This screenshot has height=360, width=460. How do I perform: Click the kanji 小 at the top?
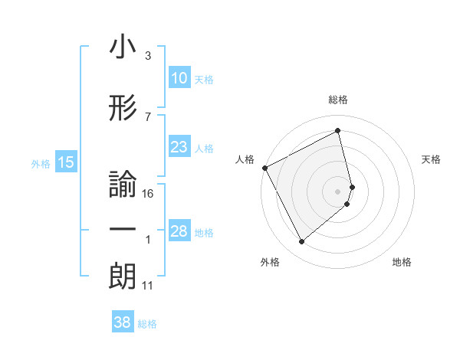(123, 47)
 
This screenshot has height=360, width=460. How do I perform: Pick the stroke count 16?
(149, 194)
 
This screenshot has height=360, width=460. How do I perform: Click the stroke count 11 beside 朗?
(148, 286)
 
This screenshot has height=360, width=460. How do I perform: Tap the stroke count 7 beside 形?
(147, 116)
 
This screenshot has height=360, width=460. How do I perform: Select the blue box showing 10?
(179, 78)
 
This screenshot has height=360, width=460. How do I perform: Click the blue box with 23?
(179, 147)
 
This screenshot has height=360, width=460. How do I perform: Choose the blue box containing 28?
(179, 231)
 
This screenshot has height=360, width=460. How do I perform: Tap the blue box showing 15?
(65, 162)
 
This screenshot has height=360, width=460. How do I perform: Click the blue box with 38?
(122, 323)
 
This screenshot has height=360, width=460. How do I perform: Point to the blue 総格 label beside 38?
(147, 324)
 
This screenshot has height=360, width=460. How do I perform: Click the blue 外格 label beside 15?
(40, 163)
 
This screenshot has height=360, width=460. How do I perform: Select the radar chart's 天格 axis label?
(431, 159)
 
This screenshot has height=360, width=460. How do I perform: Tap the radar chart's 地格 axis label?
(402, 262)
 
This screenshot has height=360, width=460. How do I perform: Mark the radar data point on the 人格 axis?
(264, 168)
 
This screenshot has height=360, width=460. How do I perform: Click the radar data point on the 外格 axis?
(301, 242)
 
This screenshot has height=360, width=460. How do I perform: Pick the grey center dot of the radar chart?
(338, 191)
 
